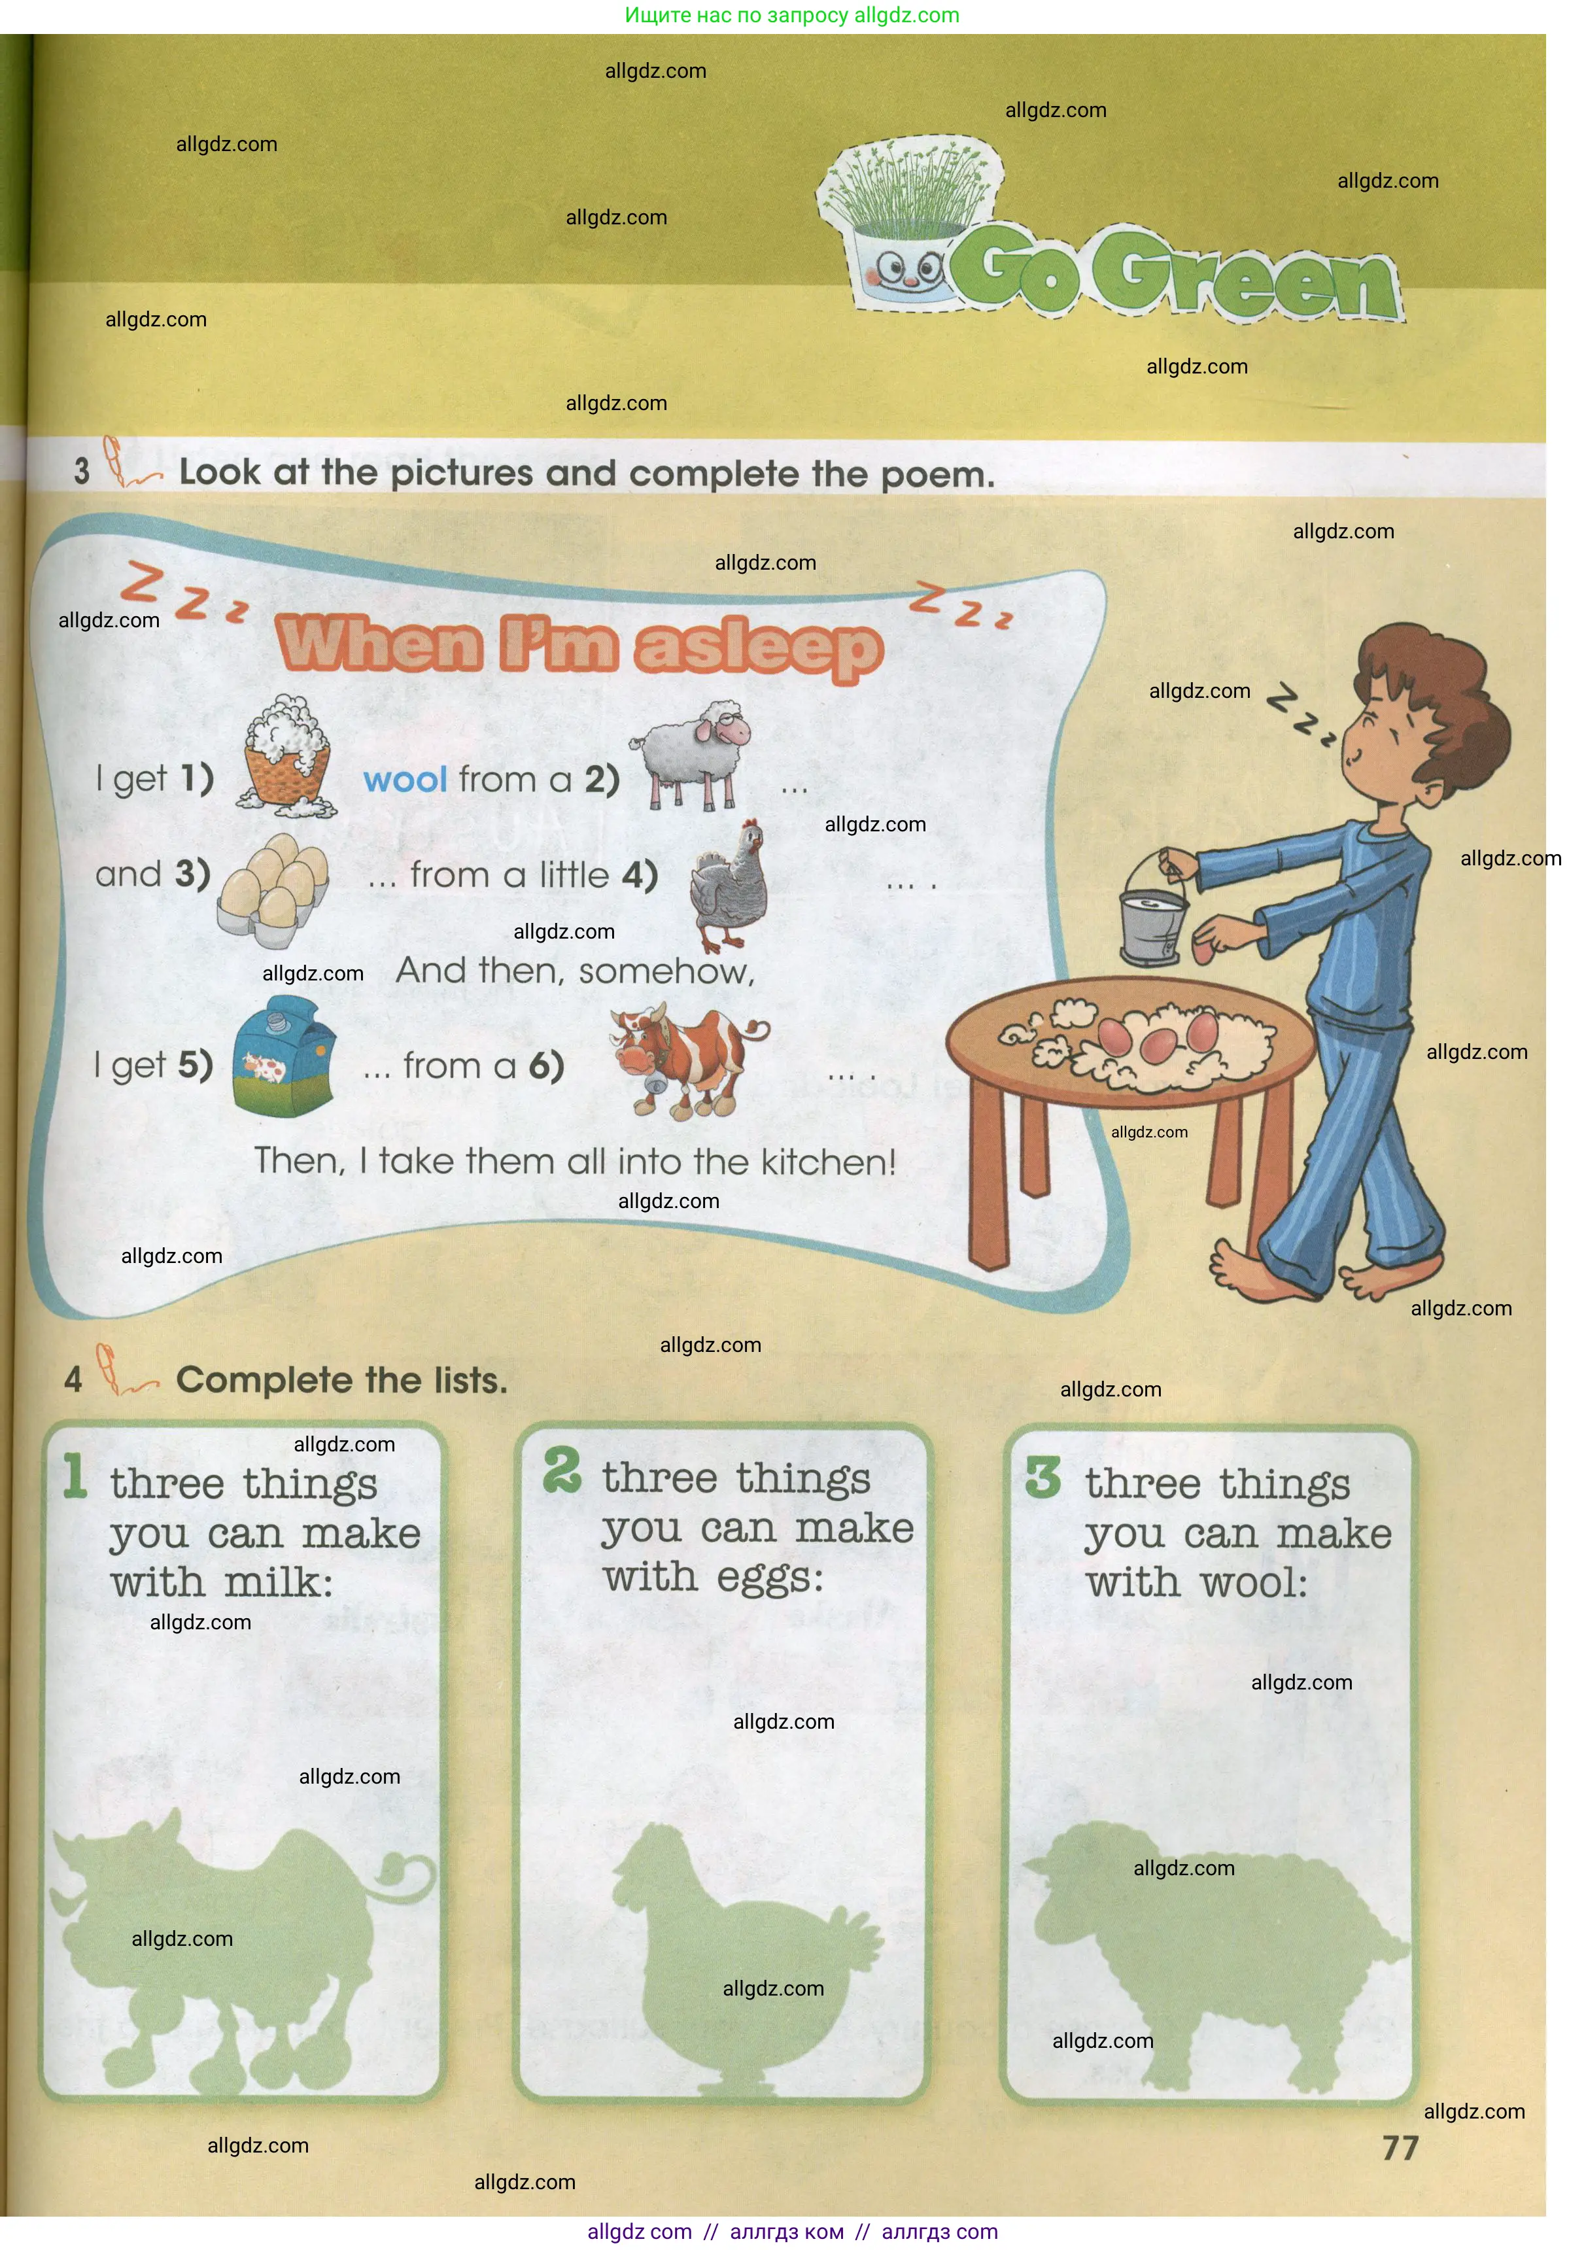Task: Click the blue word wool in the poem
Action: (x=405, y=780)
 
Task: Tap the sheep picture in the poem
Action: (x=689, y=755)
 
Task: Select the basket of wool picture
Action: (x=285, y=757)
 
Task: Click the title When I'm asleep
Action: (x=580, y=647)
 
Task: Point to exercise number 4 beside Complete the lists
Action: (x=73, y=1380)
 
